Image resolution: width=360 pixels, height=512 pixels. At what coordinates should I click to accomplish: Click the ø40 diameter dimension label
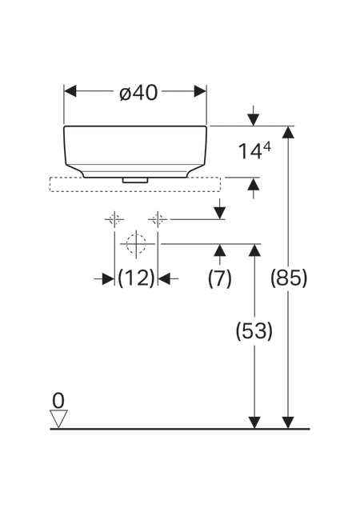138,93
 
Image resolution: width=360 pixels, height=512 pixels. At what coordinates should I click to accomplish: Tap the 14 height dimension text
250,152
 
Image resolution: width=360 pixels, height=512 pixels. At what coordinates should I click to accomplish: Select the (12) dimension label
136,278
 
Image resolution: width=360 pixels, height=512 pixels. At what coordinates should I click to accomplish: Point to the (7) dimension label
219,278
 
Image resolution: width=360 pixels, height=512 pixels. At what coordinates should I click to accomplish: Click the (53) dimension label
254,331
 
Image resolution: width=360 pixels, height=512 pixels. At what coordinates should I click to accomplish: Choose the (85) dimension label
289,278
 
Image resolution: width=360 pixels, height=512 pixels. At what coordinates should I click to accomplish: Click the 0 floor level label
58,401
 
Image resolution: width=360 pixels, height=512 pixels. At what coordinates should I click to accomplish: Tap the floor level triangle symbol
58,418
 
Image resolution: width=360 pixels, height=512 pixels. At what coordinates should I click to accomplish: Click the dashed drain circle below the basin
136,243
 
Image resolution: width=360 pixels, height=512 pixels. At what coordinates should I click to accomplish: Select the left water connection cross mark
114,219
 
